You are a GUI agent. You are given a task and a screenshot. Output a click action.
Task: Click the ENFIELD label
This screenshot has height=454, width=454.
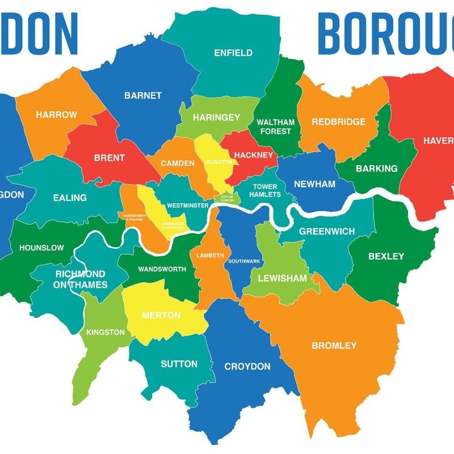click(x=233, y=53)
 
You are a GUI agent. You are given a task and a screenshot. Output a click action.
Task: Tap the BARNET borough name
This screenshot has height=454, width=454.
click(x=143, y=96)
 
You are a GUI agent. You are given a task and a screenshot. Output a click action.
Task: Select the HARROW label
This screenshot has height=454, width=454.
click(x=56, y=115)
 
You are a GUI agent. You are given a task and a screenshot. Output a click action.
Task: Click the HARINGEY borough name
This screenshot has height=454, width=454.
click(x=216, y=117)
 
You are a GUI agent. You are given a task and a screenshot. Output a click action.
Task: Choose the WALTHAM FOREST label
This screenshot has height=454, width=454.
click(x=275, y=127)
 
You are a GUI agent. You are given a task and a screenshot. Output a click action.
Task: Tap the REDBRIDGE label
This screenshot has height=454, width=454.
click(x=338, y=122)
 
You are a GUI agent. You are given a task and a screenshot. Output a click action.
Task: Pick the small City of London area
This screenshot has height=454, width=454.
click(x=227, y=199)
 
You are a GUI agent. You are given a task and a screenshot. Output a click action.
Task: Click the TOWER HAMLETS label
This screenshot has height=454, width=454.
click(x=265, y=191)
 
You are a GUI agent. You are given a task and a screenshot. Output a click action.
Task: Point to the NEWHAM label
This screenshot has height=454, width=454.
click(x=314, y=184)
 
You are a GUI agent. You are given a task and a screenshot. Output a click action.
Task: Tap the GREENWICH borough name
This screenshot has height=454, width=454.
click(x=327, y=232)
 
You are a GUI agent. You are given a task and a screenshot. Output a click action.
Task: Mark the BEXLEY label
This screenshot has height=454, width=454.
click(x=386, y=257)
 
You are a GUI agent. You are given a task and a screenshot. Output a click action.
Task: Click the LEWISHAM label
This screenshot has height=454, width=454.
click(x=282, y=279)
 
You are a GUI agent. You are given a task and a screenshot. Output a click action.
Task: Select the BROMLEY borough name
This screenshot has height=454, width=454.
click(x=334, y=346)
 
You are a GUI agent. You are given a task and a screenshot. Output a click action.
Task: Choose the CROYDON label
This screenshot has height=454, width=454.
click(x=247, y=367)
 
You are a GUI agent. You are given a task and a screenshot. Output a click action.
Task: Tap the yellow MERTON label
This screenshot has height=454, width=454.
click(x=161, y=316)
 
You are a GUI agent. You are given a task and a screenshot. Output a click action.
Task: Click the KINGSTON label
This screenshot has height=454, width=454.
click(x=106, y=333)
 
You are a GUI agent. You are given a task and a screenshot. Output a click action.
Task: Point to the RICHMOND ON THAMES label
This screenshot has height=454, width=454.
click(x=81, y=279)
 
